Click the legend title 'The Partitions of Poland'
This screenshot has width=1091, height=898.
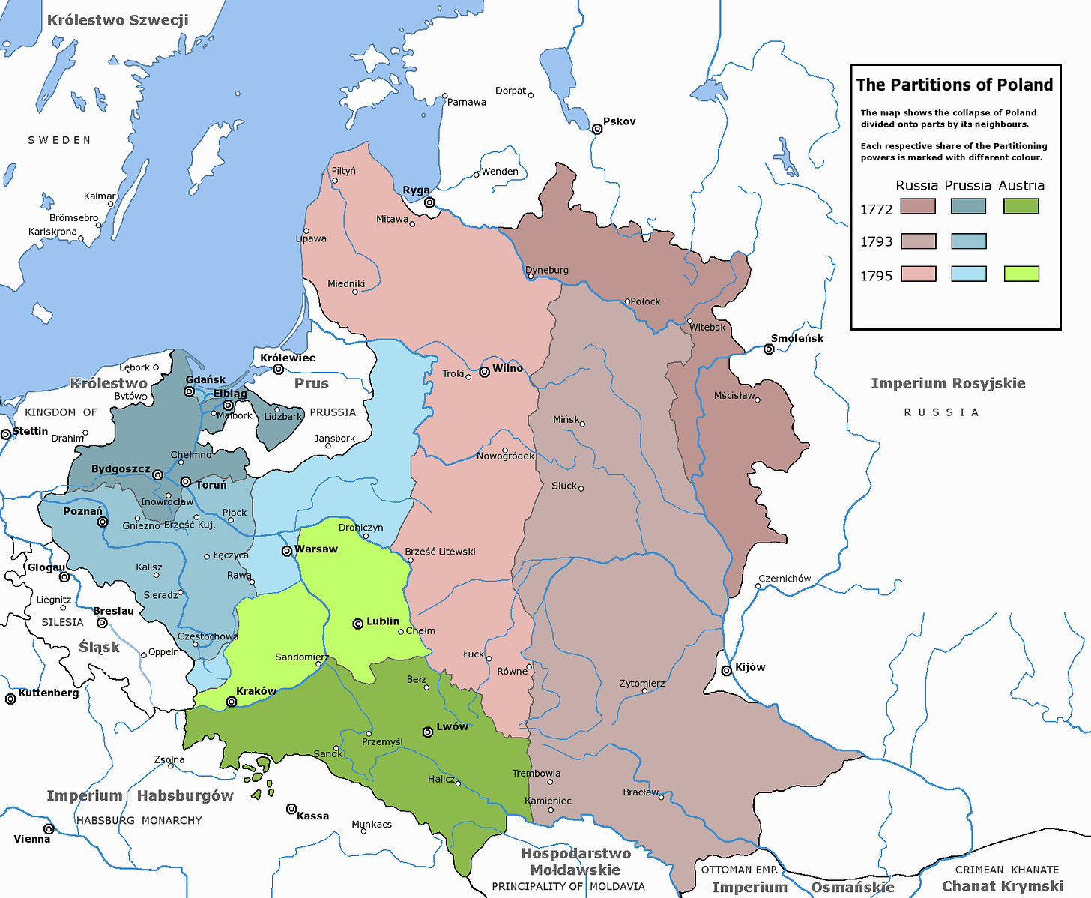[x=955, y=85]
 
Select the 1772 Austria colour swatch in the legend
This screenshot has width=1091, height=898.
[x=1021, y=206]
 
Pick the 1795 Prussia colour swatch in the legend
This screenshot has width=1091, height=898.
[x=968, y=274]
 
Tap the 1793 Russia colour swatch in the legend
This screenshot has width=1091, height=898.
[x=918, y=241]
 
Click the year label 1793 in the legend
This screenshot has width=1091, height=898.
[x=876, y=241]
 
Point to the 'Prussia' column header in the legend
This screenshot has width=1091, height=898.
[x=967, y=185]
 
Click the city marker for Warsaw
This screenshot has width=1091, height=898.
[x=286, y=551]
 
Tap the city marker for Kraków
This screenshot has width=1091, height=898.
[x=232, y=702]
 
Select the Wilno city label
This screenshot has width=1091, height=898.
[x=507, y=368]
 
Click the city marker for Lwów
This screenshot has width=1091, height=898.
[x=428, y=732]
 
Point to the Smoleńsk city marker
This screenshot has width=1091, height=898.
[x=768, y=349]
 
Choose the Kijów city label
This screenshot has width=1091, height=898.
[x=750, y=667]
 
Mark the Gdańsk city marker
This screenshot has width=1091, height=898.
[x=190, y=391]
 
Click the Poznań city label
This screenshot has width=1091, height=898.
[x=82, y=511]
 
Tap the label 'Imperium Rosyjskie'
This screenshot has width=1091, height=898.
[x=947, y=383]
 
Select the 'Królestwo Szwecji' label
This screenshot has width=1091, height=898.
[x=118, y=20]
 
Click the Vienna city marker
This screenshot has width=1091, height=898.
[x=49, y=828]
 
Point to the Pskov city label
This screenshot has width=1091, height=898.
[x=619, y=121]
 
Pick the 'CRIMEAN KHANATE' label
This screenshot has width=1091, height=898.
[x=1006, y=870]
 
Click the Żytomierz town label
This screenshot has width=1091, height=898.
[x=641, y=683]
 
